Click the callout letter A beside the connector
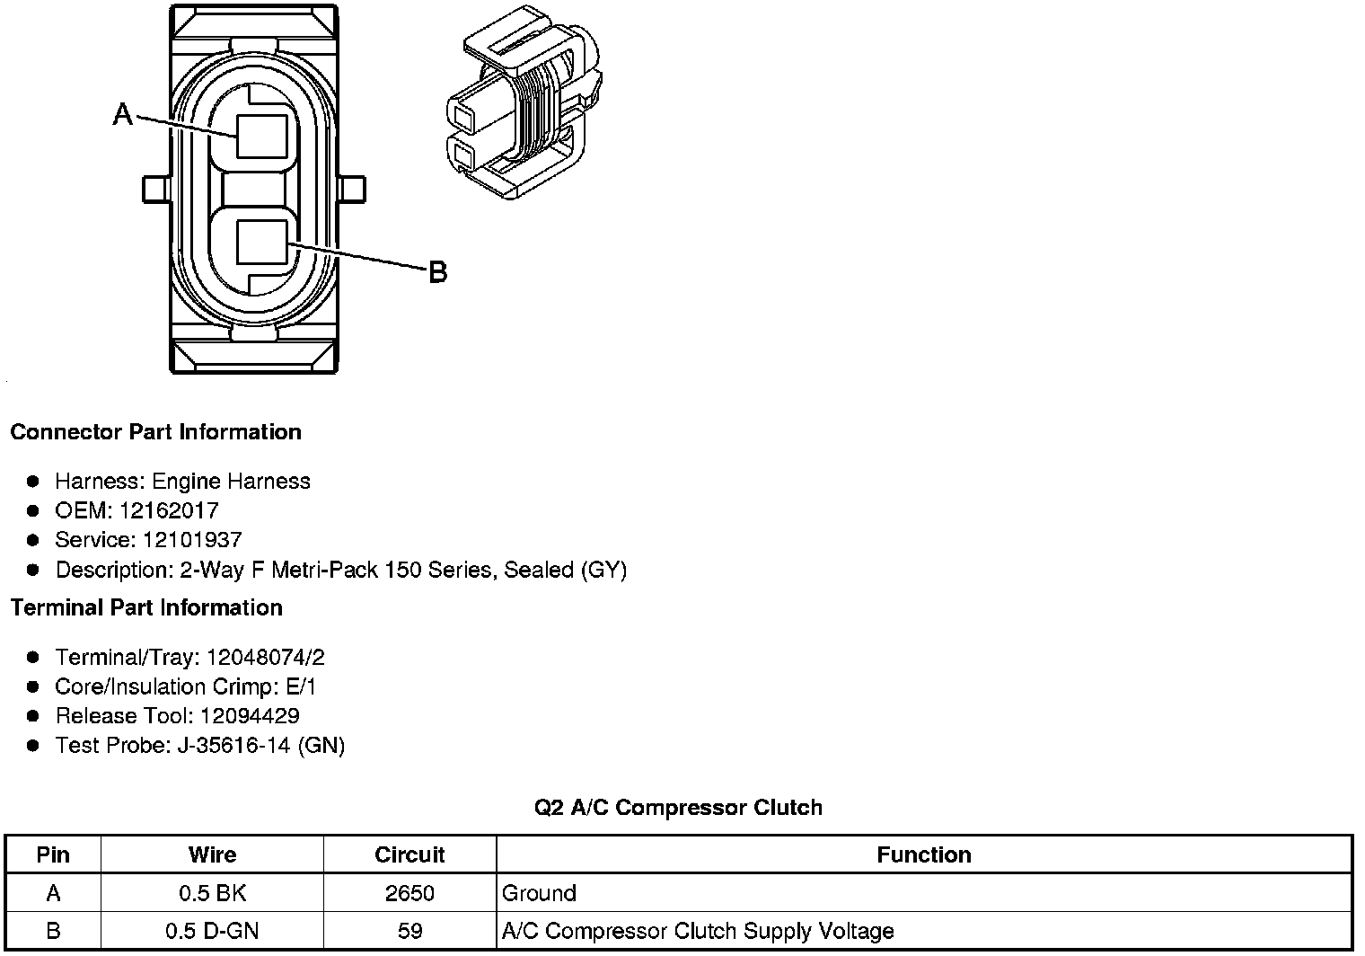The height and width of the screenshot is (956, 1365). click(x=122, y=114)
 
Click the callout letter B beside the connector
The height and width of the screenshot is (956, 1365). click(x=438, y=272)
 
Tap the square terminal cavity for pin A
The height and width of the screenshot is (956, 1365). click(x=262, y=136)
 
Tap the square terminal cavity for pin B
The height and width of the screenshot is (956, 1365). click(x=262, y=242)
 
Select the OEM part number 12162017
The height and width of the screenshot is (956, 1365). click(x=169, y=510)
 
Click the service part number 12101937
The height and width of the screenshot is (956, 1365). click(x=192, y=540)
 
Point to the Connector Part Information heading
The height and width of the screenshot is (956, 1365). click(x=156, y=431)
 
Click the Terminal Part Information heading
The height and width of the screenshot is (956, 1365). click(x=147, y=607)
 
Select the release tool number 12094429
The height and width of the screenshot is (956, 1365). click(x=250, y=716)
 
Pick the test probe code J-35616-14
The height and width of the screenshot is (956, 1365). click(x=234, y=745)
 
